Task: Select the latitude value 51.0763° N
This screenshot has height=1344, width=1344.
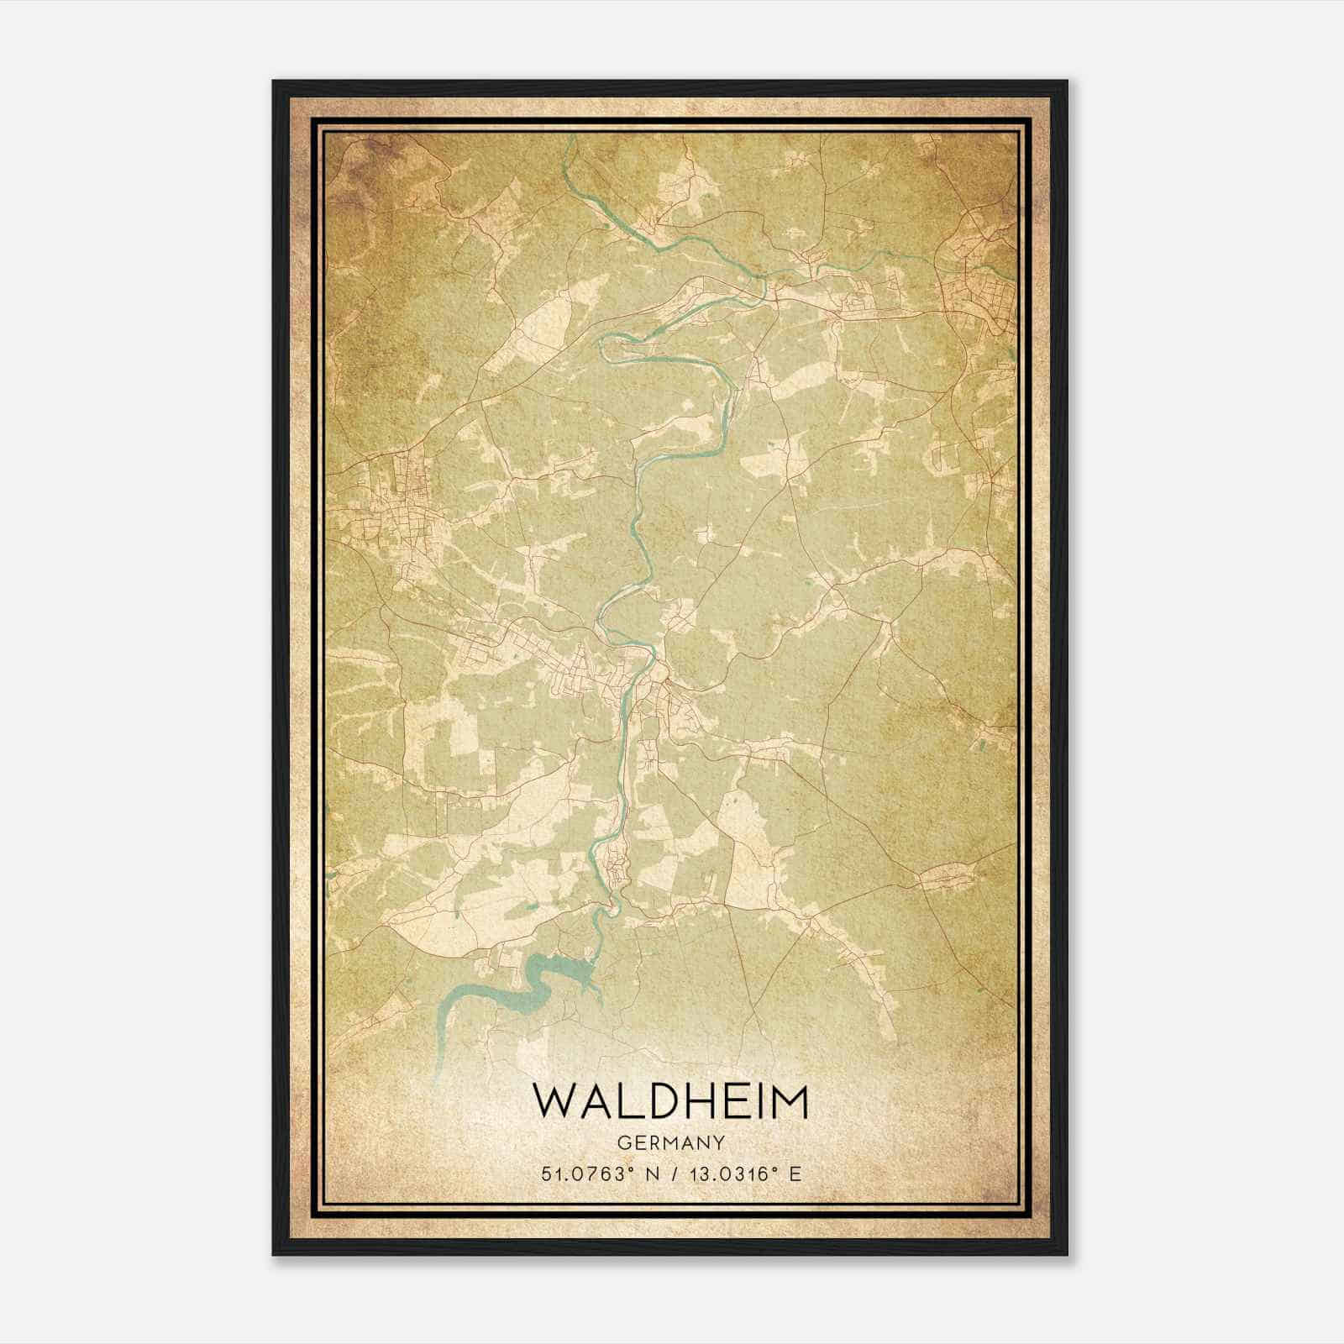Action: pos(600,1173)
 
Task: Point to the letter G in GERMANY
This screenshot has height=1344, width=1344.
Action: pos(622,1142)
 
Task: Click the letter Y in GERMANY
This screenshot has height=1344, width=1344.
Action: pos(719,1142)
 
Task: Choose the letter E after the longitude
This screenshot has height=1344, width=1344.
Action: pos(795,1173)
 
